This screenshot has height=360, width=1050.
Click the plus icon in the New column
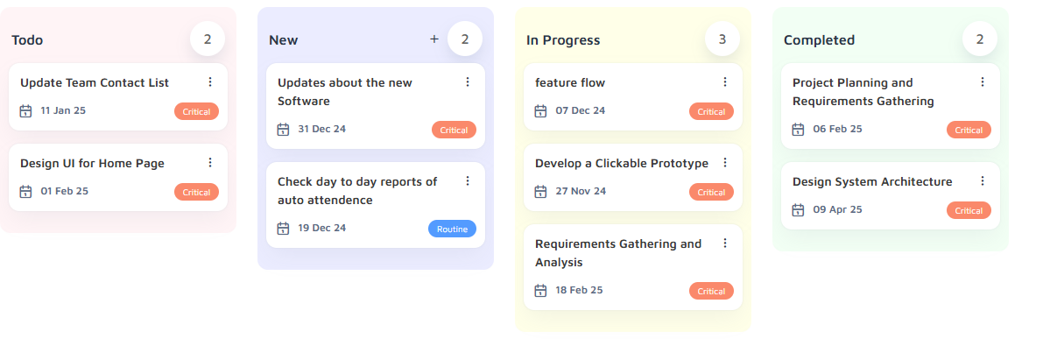(434, 39)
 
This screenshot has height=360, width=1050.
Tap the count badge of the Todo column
(208, 39)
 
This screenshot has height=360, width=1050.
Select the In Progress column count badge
(722, 39)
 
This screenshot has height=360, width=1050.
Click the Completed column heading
(819, 40)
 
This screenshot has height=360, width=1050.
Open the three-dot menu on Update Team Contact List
(209, 81)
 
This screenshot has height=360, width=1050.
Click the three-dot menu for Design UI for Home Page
(209, 162)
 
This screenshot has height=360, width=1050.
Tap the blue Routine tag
(452, 229)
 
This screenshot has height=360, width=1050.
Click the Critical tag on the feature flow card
(711, 111)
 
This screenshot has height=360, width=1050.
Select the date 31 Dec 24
(322, 129)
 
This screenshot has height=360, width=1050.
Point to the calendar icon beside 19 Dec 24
(283, 229)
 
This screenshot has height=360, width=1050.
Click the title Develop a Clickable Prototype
(622, 163)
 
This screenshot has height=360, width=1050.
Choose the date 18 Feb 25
(579, 290)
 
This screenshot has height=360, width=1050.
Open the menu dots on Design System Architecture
(983, 181)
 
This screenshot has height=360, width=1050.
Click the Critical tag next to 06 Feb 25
(969, 130)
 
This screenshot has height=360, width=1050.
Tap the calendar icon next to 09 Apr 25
(798, 210)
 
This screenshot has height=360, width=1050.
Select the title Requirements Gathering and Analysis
(618, 253)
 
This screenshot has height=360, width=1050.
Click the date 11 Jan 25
(63, 110)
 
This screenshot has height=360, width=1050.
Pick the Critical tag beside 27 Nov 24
(711, 192)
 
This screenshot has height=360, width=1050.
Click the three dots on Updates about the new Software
(468, 81)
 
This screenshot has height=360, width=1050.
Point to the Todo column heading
(27, 40)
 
